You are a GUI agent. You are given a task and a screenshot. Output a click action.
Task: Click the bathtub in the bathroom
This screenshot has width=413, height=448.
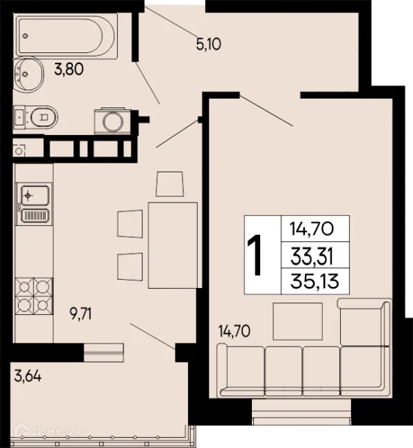tap(67, 37)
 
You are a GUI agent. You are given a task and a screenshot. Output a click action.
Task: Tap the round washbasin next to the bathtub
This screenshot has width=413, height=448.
tap(28, 74)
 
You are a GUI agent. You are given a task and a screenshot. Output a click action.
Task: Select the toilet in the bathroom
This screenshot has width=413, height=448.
tap(36, 117)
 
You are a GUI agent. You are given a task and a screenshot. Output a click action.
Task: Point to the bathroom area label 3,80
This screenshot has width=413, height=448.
tap(69, 69)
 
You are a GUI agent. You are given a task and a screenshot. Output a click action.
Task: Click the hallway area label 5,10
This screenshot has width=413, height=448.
tap(209, 44)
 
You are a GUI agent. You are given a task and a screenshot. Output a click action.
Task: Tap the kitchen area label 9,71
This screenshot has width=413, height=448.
tap(81, 314)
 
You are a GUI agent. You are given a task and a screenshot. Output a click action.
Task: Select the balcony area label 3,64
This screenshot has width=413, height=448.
tap(28, 376)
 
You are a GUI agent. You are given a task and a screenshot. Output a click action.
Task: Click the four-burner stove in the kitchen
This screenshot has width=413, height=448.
tap(34, 296)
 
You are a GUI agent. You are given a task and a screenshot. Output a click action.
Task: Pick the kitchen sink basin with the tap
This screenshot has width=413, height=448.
tap(35, 195)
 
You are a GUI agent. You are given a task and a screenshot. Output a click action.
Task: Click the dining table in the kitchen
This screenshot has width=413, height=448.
tap(173, 245)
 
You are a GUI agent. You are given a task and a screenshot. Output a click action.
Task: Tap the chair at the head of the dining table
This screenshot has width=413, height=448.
tap(169, 184)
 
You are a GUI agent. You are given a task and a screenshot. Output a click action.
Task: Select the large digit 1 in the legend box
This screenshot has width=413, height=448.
tap(255, 254)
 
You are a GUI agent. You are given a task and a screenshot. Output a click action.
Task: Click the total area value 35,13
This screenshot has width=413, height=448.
tap(315, 281)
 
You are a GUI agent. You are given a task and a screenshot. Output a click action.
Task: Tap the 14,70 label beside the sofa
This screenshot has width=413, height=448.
tap(234, 331)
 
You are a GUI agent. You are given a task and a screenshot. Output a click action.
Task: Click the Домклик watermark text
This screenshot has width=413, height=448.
tap(58, 431)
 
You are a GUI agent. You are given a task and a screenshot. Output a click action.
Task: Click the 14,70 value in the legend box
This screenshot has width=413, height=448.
tap(312, 229)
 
